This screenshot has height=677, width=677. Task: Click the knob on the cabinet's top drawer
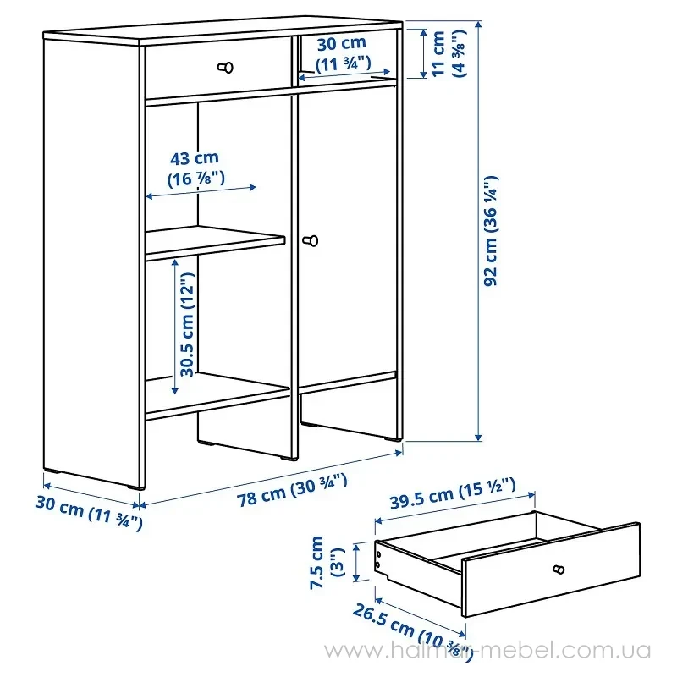pos(225,68)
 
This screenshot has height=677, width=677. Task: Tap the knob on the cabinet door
pos(311,240)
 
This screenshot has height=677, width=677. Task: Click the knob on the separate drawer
pos(559,570)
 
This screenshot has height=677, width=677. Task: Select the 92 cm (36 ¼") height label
pos(491,230)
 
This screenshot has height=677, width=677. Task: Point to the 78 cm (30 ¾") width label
pos(292,491)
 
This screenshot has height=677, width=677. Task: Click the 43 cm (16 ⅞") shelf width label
pos(195,168)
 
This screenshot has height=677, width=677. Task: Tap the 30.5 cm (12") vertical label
pos(187,325)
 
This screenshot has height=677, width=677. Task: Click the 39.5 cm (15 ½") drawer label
pos(453,493)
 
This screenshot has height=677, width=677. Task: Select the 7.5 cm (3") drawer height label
pos(327,562)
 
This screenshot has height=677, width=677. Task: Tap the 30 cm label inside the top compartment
pos(343,53)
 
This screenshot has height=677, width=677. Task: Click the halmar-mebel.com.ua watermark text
pos(487,650)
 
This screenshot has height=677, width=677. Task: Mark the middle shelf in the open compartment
pos(215,243)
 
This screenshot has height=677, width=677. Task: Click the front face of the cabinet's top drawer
pos(218,68)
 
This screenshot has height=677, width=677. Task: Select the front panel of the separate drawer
pos(551,570)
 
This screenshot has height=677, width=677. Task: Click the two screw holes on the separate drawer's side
pos(378,559)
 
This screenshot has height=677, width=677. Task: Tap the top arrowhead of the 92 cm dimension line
pos(478,24)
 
